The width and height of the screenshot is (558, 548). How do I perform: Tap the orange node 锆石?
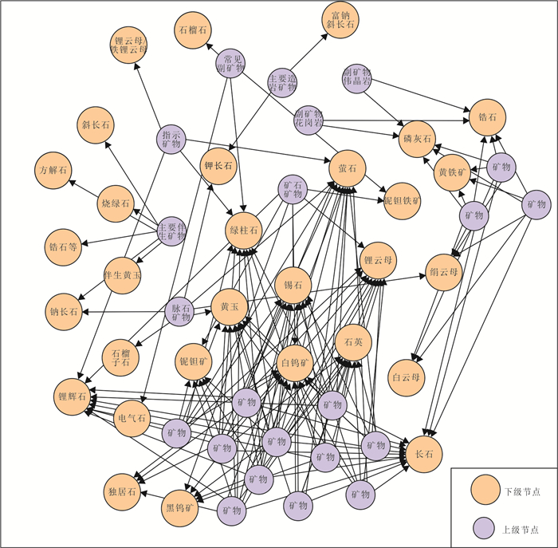[x=487, y=116]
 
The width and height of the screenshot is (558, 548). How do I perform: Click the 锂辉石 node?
[x=72, y=396]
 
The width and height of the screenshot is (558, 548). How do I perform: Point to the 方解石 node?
[x=55, y=170]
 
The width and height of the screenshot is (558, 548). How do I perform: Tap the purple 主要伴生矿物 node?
[x=171, y=231]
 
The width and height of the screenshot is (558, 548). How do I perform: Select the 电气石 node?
[x=132, y=418]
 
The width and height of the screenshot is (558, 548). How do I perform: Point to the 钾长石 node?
[x=217, y=166]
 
